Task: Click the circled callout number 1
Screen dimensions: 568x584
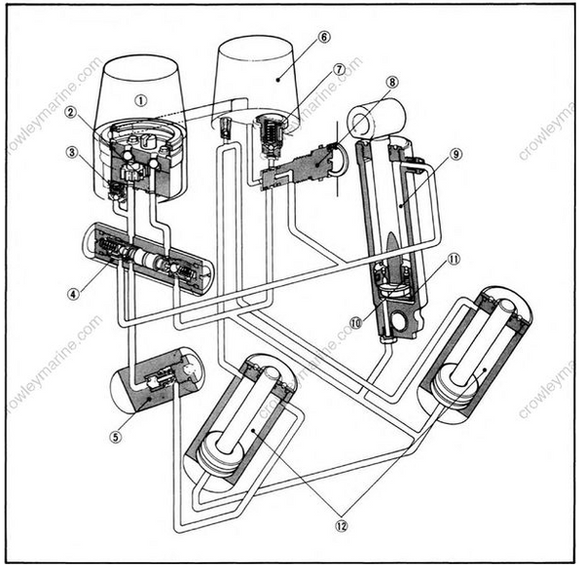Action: [x=141, y=98]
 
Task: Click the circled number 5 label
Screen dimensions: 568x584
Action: [x=118, y=437]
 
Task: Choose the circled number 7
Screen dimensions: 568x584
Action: [x=338, y=69]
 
